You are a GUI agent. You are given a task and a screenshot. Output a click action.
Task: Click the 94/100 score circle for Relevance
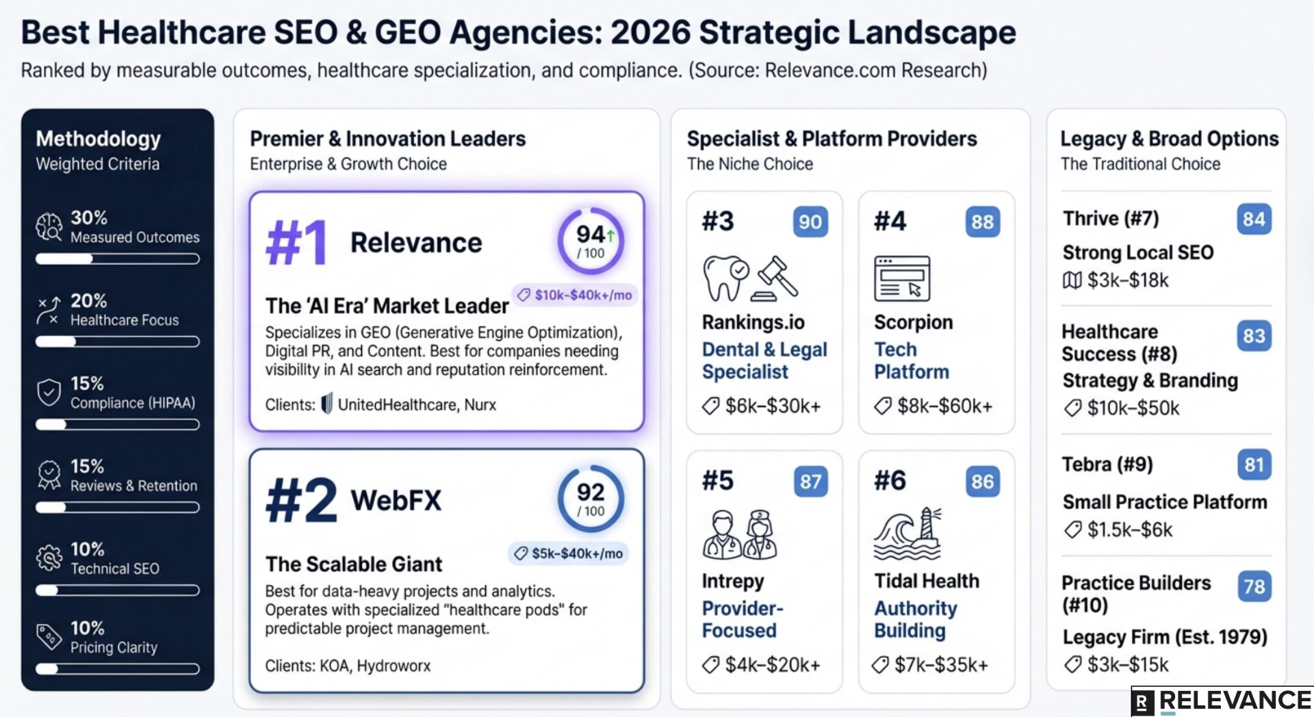tap(591, 242)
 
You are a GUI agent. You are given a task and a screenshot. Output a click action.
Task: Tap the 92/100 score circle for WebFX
tap(591, 499)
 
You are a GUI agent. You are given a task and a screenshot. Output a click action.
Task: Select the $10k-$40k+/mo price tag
tap(575, 295)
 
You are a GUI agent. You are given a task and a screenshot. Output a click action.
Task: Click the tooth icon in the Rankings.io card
tap(725, 277)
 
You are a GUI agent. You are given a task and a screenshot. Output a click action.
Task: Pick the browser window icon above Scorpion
tap(902, 278)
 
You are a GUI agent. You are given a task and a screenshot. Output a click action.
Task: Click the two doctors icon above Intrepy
tap(739, 534)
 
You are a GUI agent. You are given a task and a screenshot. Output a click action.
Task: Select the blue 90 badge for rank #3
tap(810, 222)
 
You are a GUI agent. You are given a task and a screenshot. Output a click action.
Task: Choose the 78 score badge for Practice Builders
tap(1254, 586)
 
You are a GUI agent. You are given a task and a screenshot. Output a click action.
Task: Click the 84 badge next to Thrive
tap(1254, 219)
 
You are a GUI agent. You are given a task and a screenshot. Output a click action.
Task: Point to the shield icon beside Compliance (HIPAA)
tap(49, 393)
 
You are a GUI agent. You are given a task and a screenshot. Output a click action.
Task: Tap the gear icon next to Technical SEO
tap(49, 558)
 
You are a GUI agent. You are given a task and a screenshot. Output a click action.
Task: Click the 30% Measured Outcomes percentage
tap(89, 218)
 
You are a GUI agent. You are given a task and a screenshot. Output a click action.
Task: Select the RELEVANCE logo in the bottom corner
tap(1222, 701)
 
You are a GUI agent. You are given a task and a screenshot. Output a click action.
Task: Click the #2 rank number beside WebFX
tap(301, 500)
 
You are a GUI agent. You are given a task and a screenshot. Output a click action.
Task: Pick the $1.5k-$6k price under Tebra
tap(1129, 530)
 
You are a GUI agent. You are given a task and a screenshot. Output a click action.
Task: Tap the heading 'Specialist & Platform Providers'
tap(832, 139)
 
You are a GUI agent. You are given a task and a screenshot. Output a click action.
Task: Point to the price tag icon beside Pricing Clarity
tap(49, 637)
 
